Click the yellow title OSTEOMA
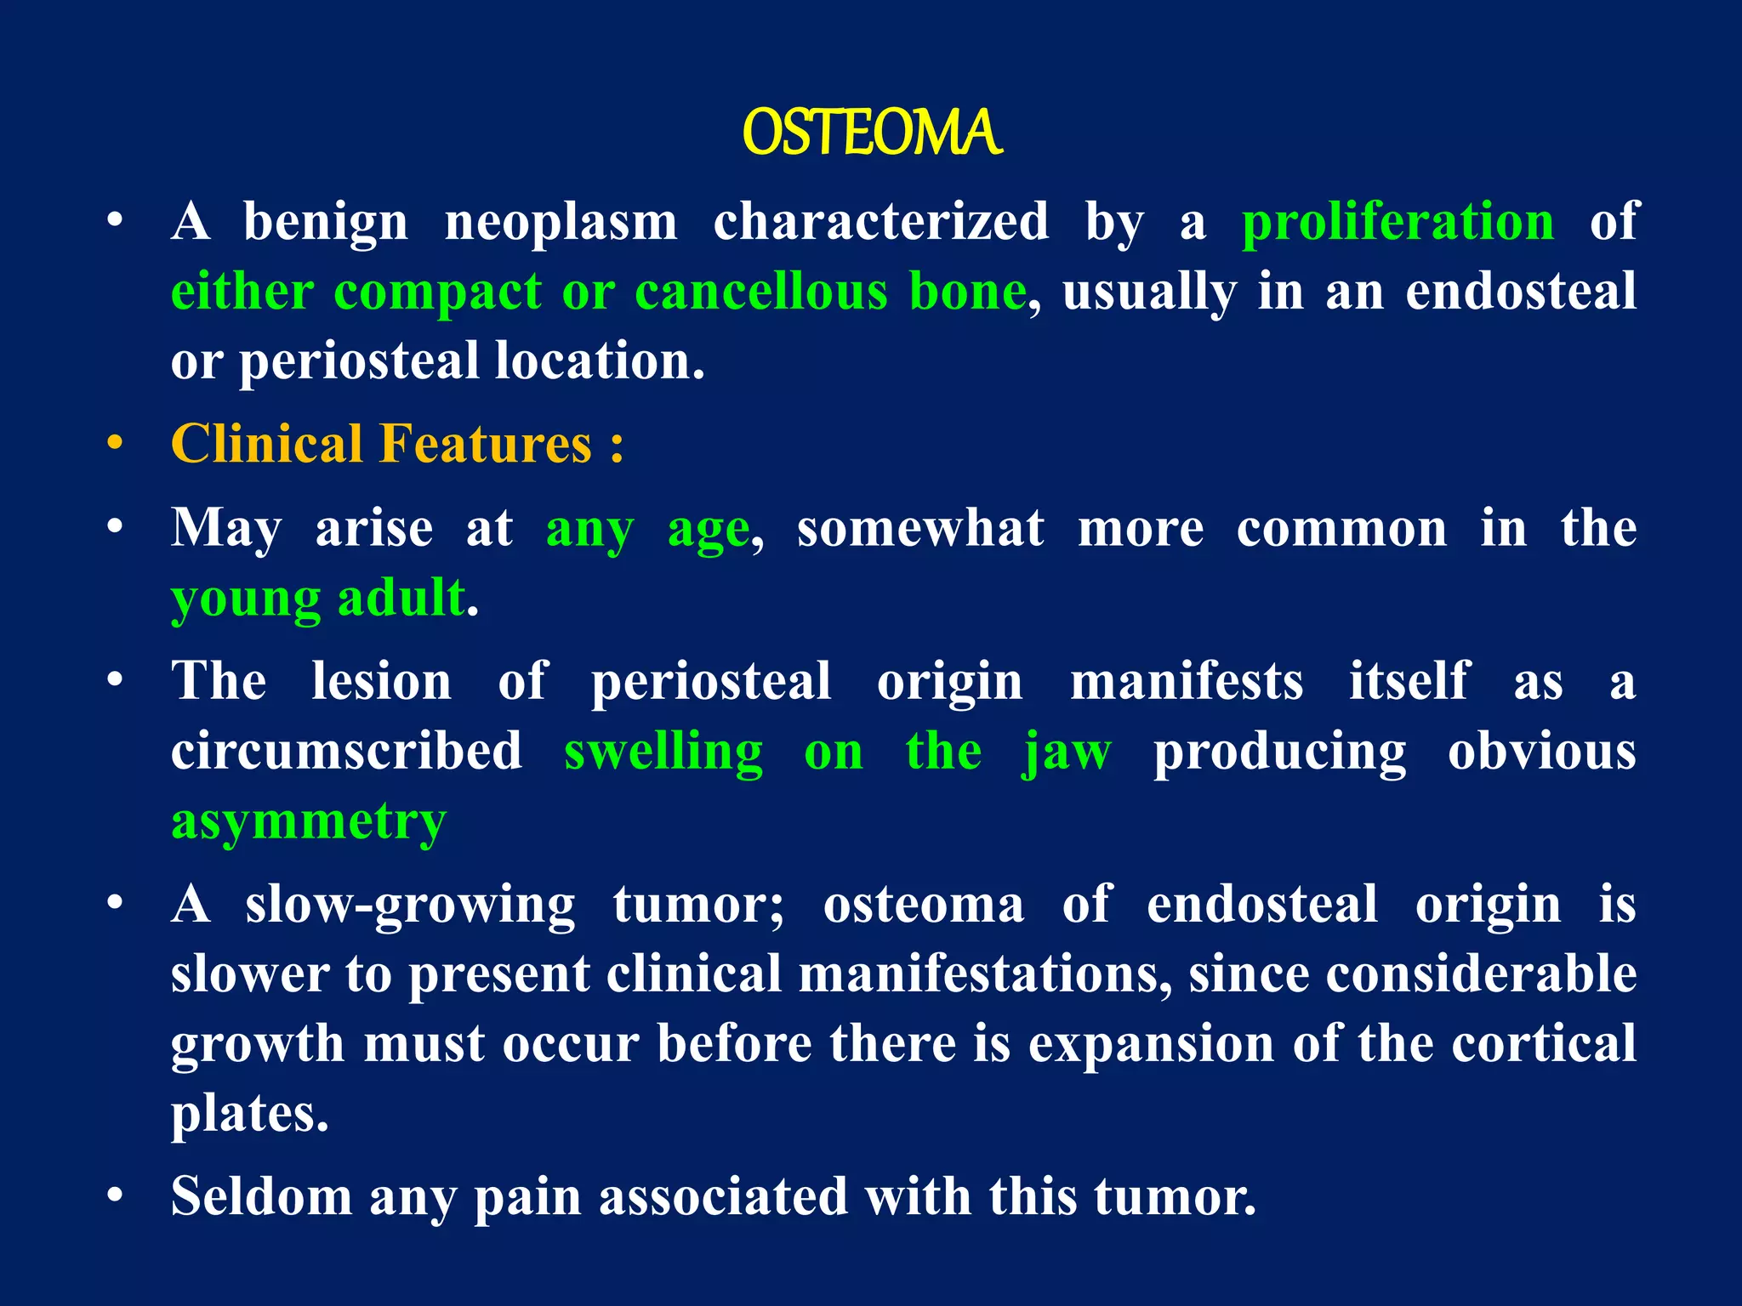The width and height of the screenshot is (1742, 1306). click(x=872, y=133)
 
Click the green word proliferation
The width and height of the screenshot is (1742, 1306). click(x=1398, y=223)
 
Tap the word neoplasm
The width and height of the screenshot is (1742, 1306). click(x=561, y=223)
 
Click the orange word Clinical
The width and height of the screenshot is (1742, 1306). click(x=267, y=445)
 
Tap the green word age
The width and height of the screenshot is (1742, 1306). click(x=708, y=531)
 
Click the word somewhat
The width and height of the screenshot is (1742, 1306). click(x=919, y=529)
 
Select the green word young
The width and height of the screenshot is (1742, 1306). click(x=246, y=599)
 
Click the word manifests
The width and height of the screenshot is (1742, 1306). click(x=1186, y=682)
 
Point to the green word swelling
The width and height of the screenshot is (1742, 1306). click(x=663, y=752)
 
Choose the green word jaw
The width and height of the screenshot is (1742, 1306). click(x=1067, y=753)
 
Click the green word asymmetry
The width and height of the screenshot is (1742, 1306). click(x=308, y=823)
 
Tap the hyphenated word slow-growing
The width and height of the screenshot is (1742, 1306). click(x=410, y=906)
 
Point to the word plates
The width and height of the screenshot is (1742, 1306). click(x=249, y=1114)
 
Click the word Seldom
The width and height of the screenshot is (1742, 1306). click(x=261, y=1196)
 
